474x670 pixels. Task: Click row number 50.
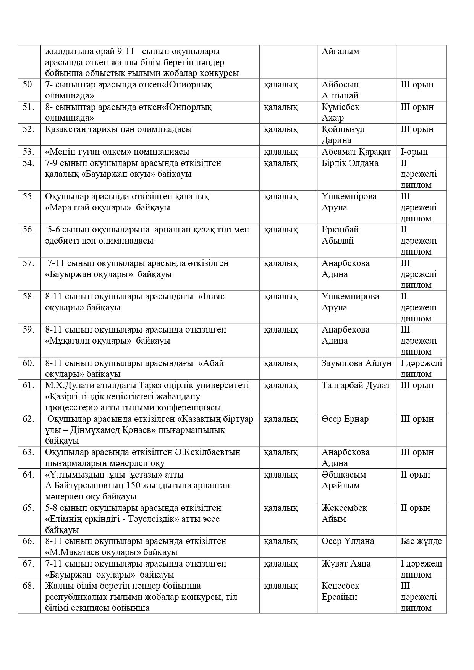28,85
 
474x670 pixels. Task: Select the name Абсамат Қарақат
356,152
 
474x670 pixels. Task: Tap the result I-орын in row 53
414,152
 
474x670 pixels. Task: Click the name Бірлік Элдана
350,163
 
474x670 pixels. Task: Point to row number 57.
28,263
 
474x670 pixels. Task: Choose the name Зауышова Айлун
356,363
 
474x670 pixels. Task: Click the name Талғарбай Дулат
356,385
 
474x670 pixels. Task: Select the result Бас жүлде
421,541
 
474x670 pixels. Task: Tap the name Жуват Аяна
346,563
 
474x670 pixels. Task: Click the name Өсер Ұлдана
348,541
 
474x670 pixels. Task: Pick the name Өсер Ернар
345,419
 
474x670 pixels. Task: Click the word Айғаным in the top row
340,51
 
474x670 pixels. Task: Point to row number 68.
28,586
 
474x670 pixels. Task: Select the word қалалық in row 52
280,129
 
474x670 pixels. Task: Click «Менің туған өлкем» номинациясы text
117,152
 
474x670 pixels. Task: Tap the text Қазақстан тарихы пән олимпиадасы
118,129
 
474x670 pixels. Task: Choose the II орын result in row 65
415,508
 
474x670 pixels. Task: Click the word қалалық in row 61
280,385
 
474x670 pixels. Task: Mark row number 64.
28,475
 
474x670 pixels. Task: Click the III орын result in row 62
417,419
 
